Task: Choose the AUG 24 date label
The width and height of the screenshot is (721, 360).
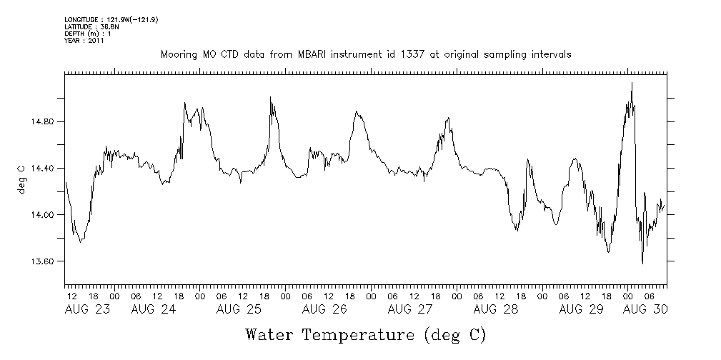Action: tap(154, 309)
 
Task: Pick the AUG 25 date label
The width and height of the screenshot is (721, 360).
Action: tap(239, 309)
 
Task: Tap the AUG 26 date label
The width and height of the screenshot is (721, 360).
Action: tap(324, 309)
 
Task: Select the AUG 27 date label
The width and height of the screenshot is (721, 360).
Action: tap(409, 309)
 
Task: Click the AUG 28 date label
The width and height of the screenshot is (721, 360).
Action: tap(495, 309)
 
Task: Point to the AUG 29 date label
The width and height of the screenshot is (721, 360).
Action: tap(580, 309)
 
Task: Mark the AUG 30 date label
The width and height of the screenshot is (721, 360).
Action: tap(645, 309)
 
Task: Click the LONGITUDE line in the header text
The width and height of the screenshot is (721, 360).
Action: tap(111, 20)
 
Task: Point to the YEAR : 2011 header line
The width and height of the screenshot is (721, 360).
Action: tap(84, 41)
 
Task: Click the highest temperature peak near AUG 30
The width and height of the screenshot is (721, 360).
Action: tap(632, 83)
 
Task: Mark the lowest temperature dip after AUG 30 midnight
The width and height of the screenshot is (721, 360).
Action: tap(642, 264)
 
